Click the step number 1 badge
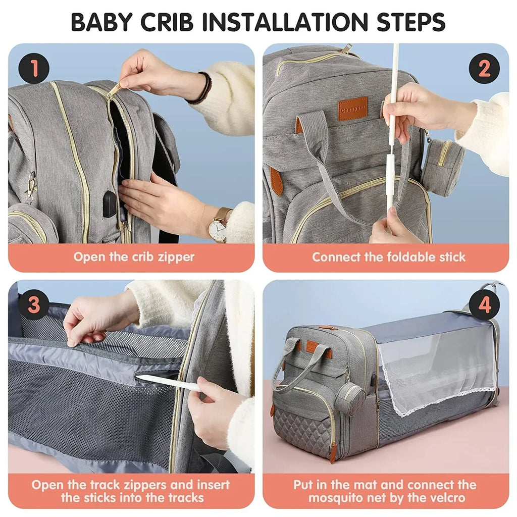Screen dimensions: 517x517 pyautogui.click(x=34, y=69)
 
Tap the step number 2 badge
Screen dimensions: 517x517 pyautogui.click(x=484, y=69)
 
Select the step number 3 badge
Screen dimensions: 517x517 pyautogui.click(x=34, y=305)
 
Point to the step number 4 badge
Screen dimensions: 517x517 pyautogui.click(x=484, y=305)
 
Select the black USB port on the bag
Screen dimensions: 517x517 pyautogui.click(x=110, y=206)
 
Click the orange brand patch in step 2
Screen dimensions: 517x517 pyautogui.click(x=353, y=108)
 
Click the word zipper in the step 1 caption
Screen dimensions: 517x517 pyautogui.click(x=171, y=257)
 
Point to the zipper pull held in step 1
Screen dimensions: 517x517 pyautogui.click(x=114, y=90)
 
